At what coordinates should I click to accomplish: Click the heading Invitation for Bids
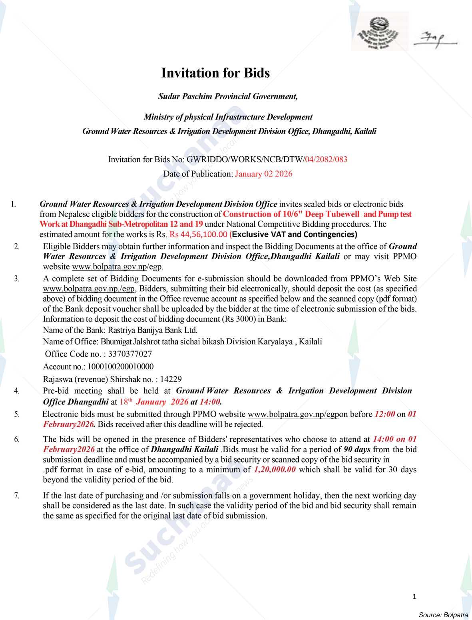pos(215,73)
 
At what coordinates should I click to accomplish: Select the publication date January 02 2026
pos(263,174)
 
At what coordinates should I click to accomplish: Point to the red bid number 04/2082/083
pos(326,159)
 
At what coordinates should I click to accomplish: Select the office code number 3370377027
pos(130,354)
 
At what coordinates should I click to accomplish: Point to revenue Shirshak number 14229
pos(171,379)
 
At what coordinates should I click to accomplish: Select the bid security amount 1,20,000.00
pos(275,470)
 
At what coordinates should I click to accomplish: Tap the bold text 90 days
pos(357,449)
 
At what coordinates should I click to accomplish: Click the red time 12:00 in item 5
pos(384,414)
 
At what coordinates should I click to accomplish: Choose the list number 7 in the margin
pos(17,496)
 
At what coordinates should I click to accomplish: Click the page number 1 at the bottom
pos(414,597)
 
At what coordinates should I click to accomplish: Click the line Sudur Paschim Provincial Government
pos(228,96)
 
